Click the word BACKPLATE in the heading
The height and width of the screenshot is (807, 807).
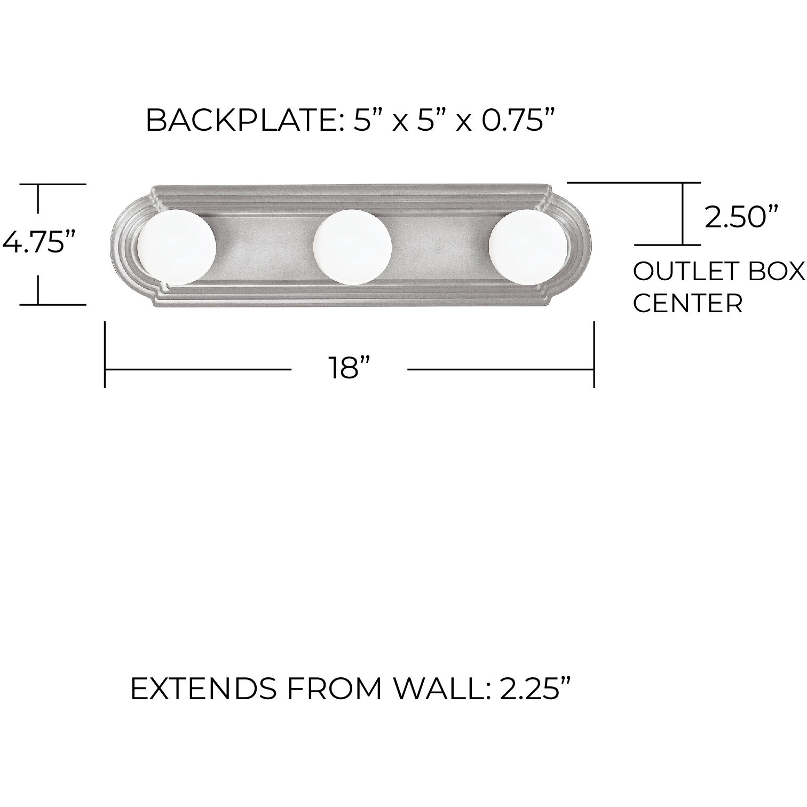coord(238,121)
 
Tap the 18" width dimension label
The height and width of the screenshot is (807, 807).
coord(350,368)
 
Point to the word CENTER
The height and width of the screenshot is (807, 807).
coord(687,304)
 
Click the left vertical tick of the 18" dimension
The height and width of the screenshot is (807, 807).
coord(105,354)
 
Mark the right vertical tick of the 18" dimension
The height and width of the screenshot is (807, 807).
coord(594,354)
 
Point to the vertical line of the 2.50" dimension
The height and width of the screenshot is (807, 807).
coord(683,213)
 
